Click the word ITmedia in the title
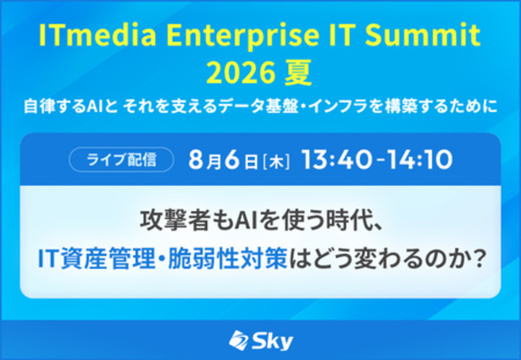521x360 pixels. pos(97,35)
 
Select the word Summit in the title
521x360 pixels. pos(423,35)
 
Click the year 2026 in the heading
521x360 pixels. pos(241,73)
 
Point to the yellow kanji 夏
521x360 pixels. pos(298,73)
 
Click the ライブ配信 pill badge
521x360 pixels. pos(122,159)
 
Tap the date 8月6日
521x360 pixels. pos(223,160)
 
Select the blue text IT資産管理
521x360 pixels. pos(96,259)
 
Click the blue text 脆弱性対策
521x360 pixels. pos(228,259)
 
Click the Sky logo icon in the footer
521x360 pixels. pos(238,341)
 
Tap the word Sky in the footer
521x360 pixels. pos(272,341)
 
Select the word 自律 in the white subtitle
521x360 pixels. pos(38,107)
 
